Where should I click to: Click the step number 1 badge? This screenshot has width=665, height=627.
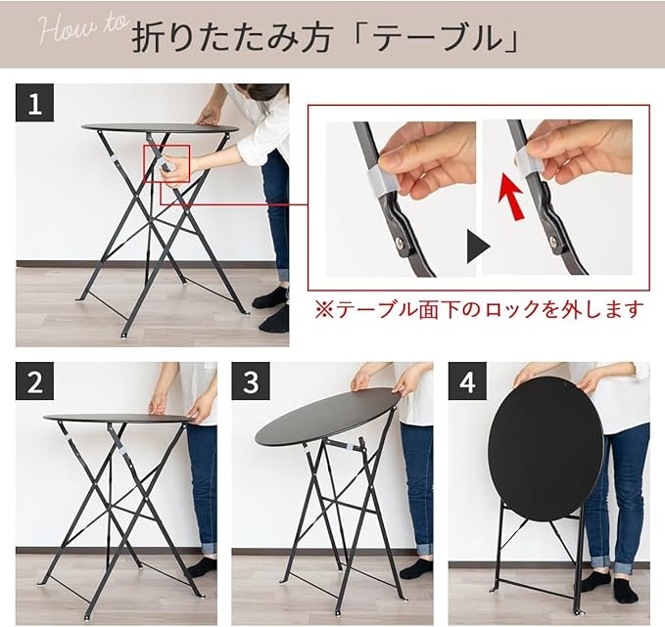tap(35, 103)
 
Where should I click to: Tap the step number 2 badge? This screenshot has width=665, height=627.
tap(35, 381)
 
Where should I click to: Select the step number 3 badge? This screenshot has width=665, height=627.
tap(251, 381)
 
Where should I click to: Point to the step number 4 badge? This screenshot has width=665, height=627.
tap(467, 381)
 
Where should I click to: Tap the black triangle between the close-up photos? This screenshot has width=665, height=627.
tap(478, 246)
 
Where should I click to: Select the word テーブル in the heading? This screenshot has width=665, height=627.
tap(439, 39)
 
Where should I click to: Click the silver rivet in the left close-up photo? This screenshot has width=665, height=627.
tap(401, 243)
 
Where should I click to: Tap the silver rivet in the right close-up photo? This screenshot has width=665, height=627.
tap(553, 241)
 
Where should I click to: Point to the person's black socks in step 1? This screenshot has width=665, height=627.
tap(271, 309)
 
